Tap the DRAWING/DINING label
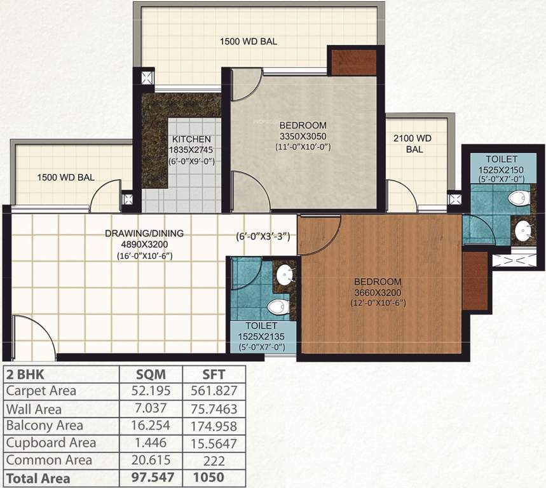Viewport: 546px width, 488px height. [144, 233]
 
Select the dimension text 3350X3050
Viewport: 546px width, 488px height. [303, 136]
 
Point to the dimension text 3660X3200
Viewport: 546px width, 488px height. [378, 292]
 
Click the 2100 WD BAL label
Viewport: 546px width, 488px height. [413, 138]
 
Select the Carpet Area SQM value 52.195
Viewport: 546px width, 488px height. [151, 391]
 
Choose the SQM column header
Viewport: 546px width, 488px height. [151, 373]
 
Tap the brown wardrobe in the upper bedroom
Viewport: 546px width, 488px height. [353, 62]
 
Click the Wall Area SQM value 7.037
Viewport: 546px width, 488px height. [151, 408]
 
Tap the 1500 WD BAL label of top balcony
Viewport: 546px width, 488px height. [249, 42]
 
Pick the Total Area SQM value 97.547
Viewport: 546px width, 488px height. [151, 477]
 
